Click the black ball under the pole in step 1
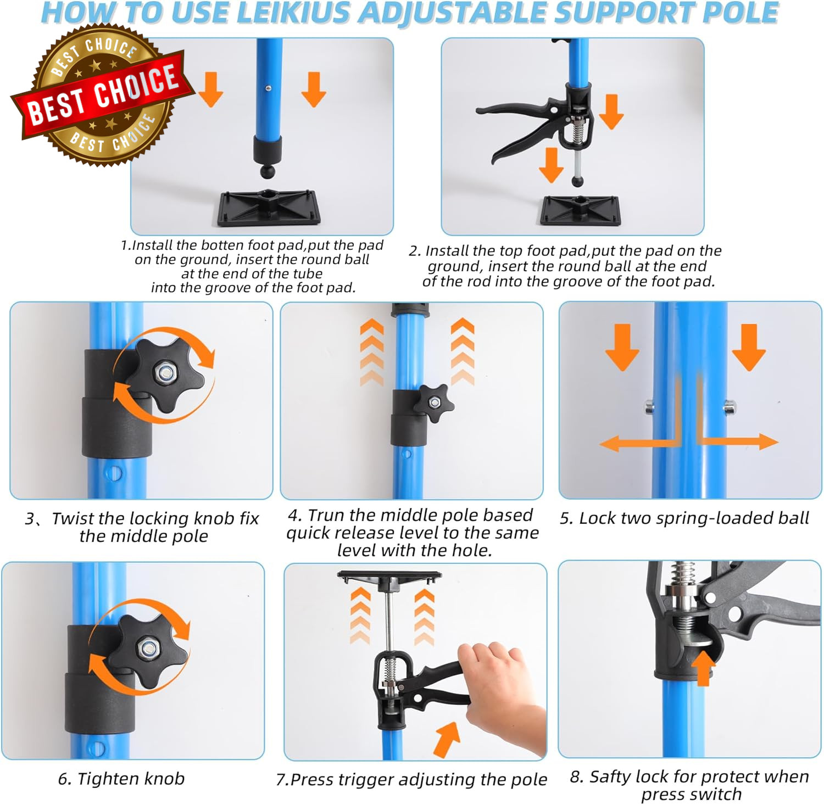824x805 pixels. coord(268,172)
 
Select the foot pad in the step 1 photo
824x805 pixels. coord(269,208)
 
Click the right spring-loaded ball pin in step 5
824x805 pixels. coord(730,407)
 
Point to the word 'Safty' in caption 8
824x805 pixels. coord(610,776)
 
